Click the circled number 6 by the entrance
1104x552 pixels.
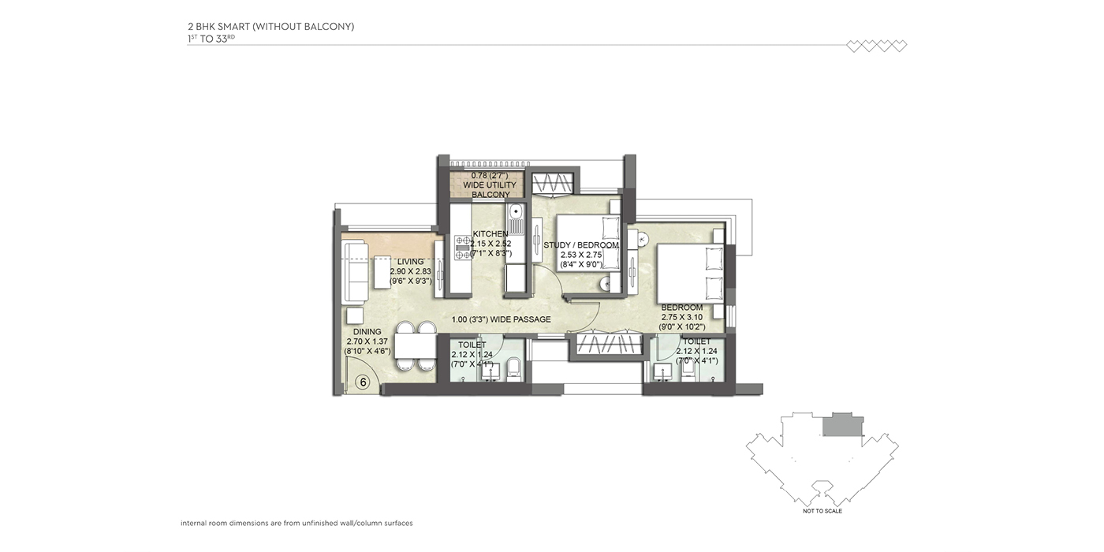click(x=363, y=382)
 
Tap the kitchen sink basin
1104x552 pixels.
click(x=516, y=212)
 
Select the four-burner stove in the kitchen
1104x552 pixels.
click(x=464, y=248)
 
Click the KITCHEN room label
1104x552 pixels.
click(x=490, y=233)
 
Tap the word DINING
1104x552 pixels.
click(x=367, y=332)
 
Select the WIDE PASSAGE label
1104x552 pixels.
click(x=520, y=319)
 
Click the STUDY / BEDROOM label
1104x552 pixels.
click(x=581, y=245)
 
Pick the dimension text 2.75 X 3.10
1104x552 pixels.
click(x=682, y=317)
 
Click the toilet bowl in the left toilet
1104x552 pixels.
click(x=513, y=369)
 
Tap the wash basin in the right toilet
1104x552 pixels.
click(x=662, y=372)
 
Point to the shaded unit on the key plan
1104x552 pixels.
click(x=843, y=424)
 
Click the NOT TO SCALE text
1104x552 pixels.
click(x=822, y=511)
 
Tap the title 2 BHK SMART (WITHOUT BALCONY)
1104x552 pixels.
click(x=270, y=27)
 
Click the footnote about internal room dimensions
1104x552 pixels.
click(x=297, y=523)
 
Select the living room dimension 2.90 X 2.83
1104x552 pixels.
click(x=411, y=271)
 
